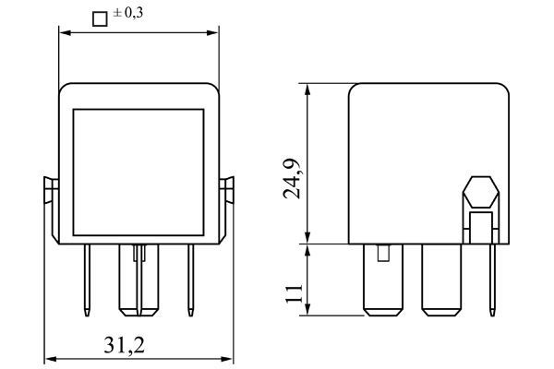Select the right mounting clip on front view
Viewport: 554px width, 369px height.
(229, 192)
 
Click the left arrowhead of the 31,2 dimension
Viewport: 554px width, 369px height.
(49, 359)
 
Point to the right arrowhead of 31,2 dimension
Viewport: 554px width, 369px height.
(227, 359)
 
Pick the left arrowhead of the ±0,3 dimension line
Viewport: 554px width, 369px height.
(64, 32)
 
